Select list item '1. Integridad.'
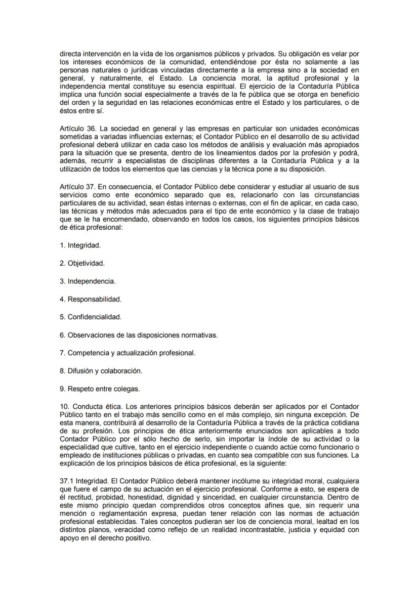pyautogui.click(x=80, y=245)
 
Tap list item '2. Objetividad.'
pyautogui.click(x=82, y=263)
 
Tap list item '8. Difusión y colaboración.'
pyautogui.click(x=101, y=370)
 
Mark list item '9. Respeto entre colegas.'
pyautogui.click(x=99, y=389)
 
